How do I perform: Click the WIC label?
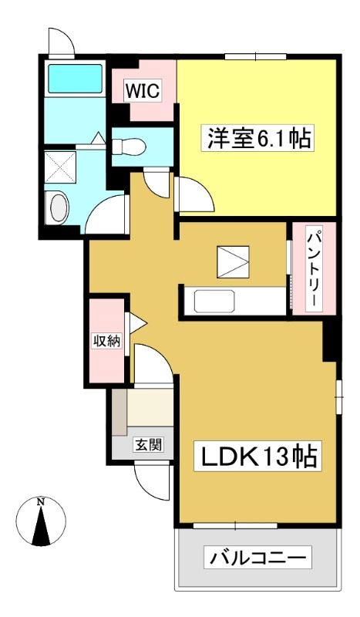[x=143, y=91]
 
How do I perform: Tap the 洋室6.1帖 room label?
[x=257, y=137]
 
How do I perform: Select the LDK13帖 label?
[x=258, y=457]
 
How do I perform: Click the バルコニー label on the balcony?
[x=257, y=557]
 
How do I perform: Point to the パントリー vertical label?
[x=314, y=269]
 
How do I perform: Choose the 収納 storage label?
[x=106, y=340]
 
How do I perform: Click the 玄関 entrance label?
[x=149, y=445]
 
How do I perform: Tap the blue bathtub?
[x=75, y=79]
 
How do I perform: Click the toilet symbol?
[x=129, y=147]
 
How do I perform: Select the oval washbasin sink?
[x=59, y=206]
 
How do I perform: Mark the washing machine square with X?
[x=60, y=167]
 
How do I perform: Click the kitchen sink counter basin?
[x=215, y=302]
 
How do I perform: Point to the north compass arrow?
[x=41, y=525]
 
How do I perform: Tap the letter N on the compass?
[x=40, y=502]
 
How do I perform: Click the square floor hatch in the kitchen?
[x=234, y=261]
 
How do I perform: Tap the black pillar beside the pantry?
[x=329, y=340]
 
